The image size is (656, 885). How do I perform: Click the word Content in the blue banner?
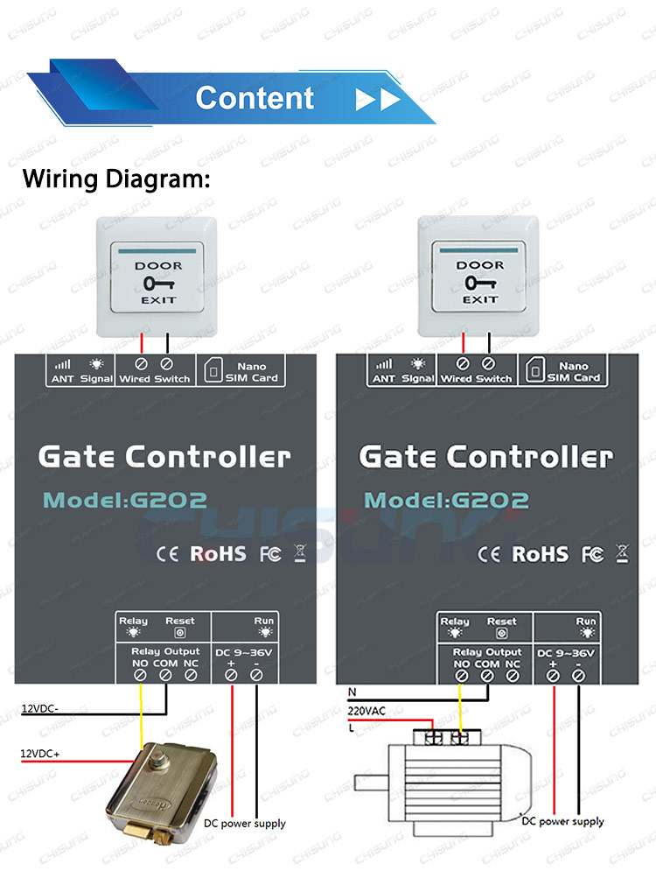255,98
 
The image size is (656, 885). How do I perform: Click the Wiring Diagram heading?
116,179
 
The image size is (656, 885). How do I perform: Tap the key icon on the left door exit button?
158,283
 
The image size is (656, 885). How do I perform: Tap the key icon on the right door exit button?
480,282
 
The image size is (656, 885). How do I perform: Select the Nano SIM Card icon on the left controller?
213,371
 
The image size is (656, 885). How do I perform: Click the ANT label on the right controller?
384,379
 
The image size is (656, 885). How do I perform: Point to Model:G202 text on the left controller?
125,500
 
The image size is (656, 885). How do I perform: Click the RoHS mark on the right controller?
541,554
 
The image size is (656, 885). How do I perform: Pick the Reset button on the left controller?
180,633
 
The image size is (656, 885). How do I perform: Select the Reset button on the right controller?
501,633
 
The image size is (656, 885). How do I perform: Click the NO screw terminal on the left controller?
141,675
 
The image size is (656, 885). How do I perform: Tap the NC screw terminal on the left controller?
192,675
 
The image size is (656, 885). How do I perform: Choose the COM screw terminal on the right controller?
487,676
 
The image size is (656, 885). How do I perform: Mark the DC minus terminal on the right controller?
578,676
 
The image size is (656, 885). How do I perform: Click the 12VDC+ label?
40,754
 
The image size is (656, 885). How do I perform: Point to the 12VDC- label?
40,708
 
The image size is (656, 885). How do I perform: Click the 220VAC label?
366,711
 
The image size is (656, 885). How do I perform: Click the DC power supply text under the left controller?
245,824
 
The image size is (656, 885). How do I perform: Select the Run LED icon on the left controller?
264,632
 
